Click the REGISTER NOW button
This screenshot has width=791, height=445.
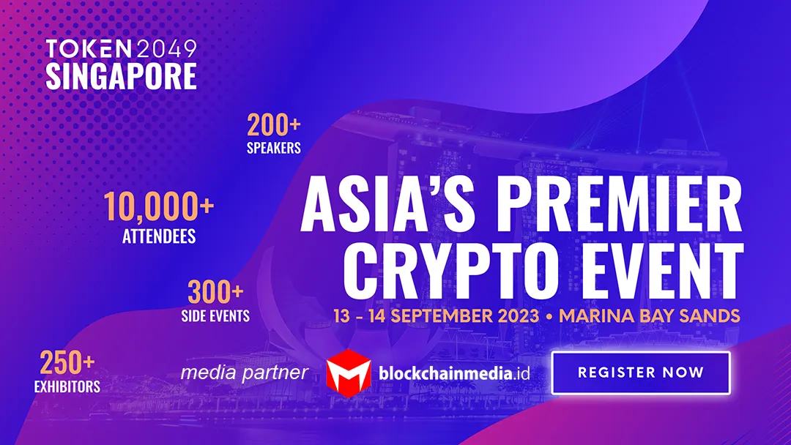pos(641,373)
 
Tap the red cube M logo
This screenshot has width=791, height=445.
pos(348,373)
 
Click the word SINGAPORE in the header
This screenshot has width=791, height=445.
pos(121,76)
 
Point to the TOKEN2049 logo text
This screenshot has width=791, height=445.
pos(121,48)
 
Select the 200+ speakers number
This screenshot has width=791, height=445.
pos(273,125)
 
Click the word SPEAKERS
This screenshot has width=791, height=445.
pos(273,148)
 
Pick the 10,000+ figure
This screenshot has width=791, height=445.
pos(159,206)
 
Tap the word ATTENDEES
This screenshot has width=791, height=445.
pos(159,236)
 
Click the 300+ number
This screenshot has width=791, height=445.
pos(215,292)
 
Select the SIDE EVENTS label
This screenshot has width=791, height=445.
pos(215,316)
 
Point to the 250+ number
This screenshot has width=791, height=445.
pos(67,363)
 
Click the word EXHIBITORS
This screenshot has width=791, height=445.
pos(67,386)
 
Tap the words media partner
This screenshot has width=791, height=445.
pos(244,373)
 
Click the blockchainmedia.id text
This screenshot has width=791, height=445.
pos(454,373)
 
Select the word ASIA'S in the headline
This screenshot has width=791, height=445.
pos(387,203)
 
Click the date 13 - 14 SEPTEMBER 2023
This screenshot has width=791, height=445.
pos(437,316)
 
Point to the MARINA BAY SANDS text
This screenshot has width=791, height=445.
pos(650,316)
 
